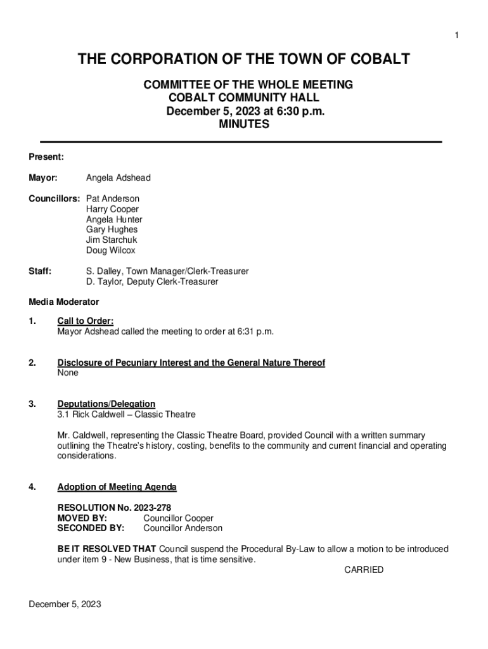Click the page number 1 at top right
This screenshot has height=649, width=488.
pos(456,35)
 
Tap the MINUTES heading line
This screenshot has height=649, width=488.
pos(244,125)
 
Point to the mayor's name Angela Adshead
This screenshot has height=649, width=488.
pos(118,178)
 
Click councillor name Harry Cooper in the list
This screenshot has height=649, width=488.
pos(112,209)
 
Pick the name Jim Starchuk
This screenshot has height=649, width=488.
pos(112,240)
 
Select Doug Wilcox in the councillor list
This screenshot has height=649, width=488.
pos(110,250)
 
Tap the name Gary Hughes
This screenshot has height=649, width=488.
pos(112,229)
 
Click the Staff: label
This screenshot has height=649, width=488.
pos(40,271)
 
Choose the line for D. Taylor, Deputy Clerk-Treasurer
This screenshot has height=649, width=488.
pos(152,281)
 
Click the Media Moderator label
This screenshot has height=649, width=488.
pos(63,302)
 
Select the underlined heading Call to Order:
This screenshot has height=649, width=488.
pos(86,321)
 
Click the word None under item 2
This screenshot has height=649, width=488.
pos(68,373)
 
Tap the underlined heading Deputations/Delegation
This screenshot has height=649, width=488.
pos(106,404)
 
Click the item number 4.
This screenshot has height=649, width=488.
pos(32,487)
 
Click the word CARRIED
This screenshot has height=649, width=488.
pos(364,570)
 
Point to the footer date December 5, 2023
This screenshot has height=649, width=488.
pos(65,604)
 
